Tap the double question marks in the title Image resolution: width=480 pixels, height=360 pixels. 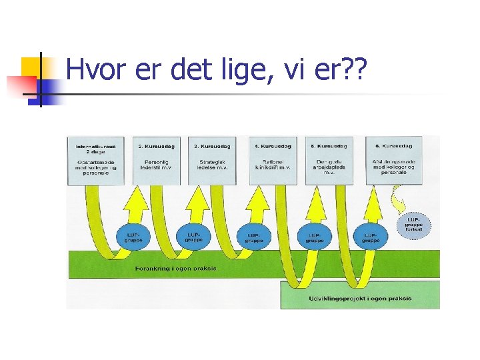349,69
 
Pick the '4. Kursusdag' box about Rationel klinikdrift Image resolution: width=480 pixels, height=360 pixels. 273,160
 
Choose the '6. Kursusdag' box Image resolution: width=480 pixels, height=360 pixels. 393,160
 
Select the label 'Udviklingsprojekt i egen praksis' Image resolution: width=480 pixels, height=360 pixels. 361,298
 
